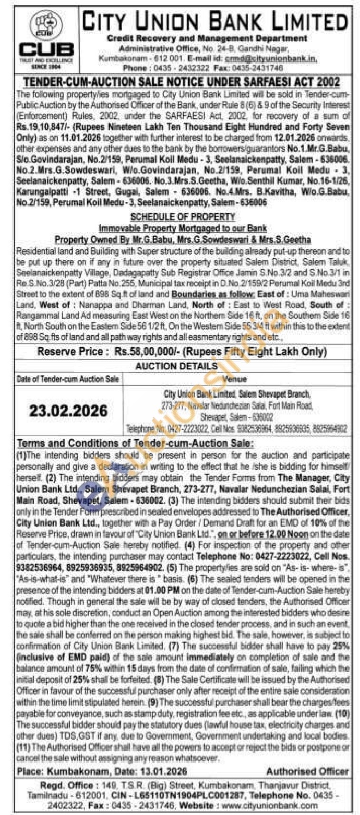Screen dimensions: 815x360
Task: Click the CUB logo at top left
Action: click(x=46, y=39)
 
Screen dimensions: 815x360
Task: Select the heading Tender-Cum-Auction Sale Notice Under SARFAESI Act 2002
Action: click(x=182, y=81)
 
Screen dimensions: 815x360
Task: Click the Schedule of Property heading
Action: click(x=183, y=216)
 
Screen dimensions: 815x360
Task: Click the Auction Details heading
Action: click(x=176, y=366)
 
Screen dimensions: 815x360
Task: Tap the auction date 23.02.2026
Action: click(x=68, y=411)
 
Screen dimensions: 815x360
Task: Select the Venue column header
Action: click(x=234, y=379)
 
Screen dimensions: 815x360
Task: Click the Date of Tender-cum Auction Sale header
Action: click(x=68, y=379)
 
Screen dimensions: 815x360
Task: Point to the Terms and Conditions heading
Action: click(x=135, y=443)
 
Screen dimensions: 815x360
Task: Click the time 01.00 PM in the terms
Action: click(x=158, y=590)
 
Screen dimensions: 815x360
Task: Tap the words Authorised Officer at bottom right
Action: click(x=307, y=771)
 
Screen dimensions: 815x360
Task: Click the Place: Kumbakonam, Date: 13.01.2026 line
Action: click(x=101, y=771)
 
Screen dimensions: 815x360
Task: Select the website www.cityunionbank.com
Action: click(x=269, y=805)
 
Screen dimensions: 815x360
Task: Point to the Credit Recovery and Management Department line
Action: click(x=207, y=38)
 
